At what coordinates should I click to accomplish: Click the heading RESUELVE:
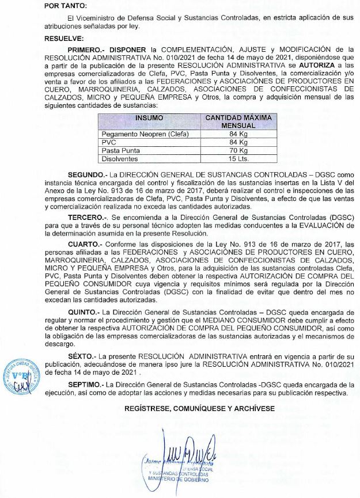pos(63,38)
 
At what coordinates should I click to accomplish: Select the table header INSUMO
pos(149,117)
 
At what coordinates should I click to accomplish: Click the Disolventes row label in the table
pos(120,158)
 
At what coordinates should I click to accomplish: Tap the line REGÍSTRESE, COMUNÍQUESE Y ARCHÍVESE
pos(200,409)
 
